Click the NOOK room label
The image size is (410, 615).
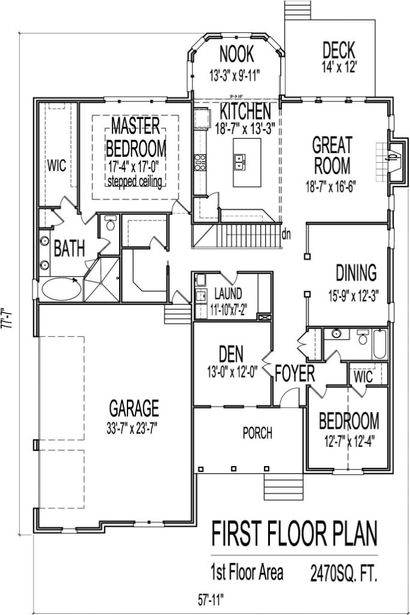tap(236, 55)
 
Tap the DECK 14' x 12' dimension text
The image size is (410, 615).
tap(338, 67)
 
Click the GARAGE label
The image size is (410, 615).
tap(134, 409)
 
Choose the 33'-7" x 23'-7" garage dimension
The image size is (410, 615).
tap(134, 428)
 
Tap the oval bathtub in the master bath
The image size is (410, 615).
tap(61, 289)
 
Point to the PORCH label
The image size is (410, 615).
tap(257, 432)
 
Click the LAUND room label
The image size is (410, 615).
tap(228, 294)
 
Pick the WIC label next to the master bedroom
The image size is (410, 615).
tap(57, 165)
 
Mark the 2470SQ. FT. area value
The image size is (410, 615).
tap(344, 571)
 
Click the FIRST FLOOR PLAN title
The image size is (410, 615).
tap(294, 533)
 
